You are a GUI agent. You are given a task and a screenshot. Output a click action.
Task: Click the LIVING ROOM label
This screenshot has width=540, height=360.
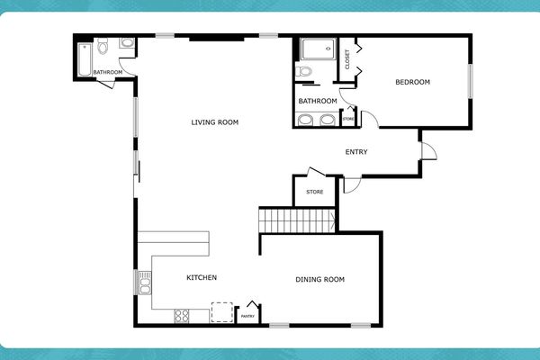point(214,122)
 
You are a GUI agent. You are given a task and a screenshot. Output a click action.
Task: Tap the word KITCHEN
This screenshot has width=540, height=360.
point(201,277)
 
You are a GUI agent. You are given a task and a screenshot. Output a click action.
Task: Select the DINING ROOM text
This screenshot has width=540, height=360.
point(319,279)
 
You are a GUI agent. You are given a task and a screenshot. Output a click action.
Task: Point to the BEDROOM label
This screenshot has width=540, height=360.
point(413,83)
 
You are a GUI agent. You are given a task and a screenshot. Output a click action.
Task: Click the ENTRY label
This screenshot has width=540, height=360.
point(356,151)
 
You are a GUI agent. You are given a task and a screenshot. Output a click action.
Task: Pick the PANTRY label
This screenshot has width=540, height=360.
point(248,316)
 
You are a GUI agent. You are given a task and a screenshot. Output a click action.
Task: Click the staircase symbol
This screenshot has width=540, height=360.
point(297,220)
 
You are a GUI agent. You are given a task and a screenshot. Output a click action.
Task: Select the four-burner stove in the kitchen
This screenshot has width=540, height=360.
point(181,316)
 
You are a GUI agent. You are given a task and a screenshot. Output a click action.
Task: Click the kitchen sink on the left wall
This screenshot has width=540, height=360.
point(142,283)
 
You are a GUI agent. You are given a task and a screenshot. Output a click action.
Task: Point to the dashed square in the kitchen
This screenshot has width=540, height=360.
point(221,311)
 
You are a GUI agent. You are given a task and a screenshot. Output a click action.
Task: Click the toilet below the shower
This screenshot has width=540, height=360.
point(304,71)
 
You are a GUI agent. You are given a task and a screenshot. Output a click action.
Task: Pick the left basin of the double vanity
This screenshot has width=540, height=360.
point(307,120)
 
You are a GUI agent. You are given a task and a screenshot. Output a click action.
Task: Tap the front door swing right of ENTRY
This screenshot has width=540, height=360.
point(428,150)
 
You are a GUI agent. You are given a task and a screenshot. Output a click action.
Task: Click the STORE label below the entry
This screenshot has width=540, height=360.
point(314,192)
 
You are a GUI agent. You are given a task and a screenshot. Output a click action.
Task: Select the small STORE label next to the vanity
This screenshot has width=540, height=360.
point(348,119)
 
